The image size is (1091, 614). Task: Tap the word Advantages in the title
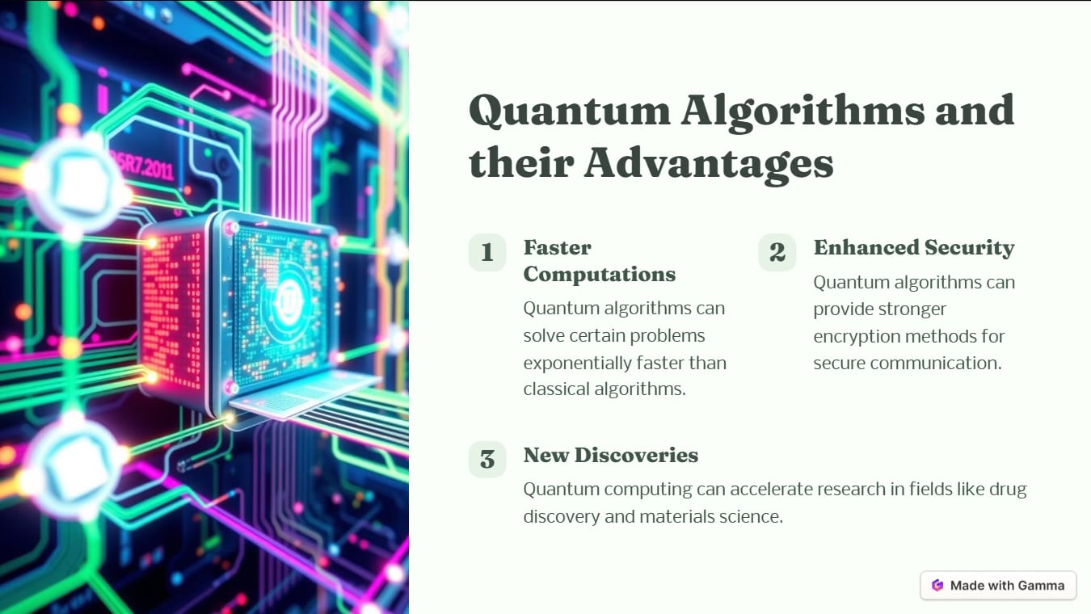(708, 164)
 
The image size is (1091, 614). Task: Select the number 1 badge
(487, 253)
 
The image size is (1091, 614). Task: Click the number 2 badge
(777, 253)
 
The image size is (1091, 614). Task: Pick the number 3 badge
(487, 460)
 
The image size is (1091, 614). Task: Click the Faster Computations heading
(599, 260)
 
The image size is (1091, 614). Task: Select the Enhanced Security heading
(913, 247)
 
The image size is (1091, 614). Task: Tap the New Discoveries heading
(610, 455)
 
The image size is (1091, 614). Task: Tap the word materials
(677, 516)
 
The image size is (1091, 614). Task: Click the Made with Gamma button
(998, 586)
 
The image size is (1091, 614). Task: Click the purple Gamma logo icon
(937, 586)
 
